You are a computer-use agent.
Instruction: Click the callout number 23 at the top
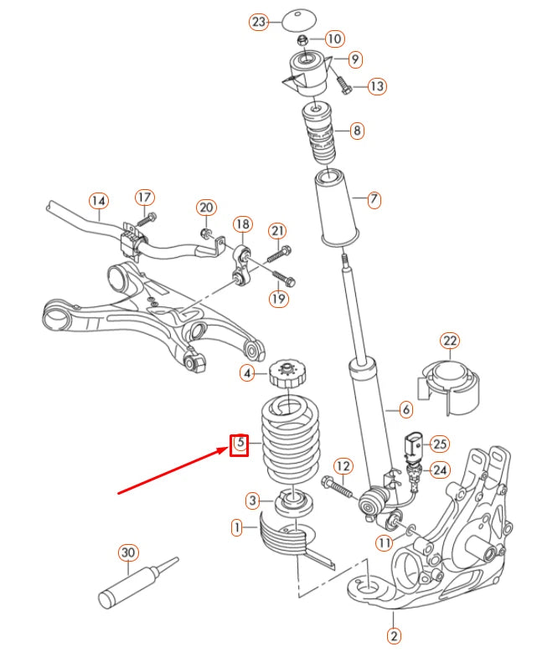(x=259, y=23)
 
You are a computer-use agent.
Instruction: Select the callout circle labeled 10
(x=334, y=39)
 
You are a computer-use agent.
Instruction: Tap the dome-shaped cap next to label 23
(x=296, y=18)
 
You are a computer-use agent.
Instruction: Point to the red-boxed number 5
(x=240, y=443)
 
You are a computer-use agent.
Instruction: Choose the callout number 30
(x=127, y=553)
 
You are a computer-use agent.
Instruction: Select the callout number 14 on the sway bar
(x=99, y=201)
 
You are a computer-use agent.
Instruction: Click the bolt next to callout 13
(x=343, y=84)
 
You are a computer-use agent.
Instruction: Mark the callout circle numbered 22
(x=451, y=341)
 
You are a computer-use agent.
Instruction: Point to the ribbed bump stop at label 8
(x=318, y=135)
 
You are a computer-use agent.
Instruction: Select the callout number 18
(x=242, y=223)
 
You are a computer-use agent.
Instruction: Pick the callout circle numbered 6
(x=405, y=409)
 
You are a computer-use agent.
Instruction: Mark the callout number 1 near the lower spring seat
(x=237, y=527)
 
